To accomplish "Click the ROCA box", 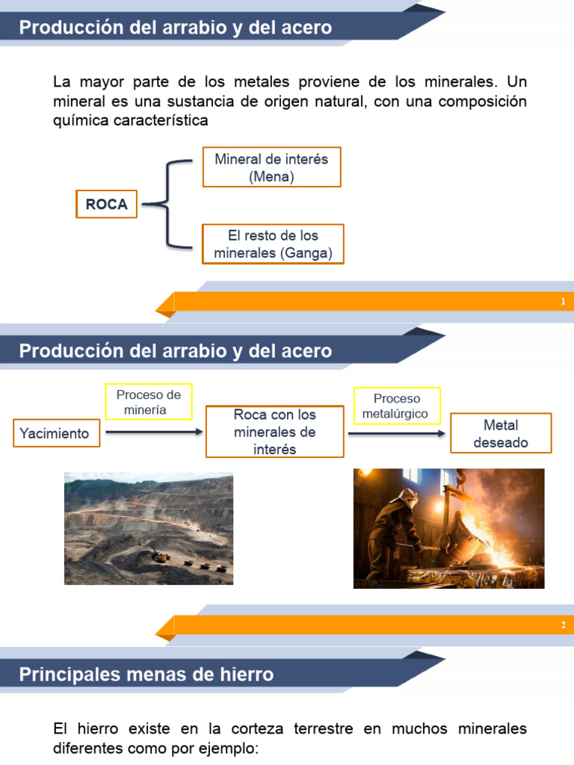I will pos(106,204).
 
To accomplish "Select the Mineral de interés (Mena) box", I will pos(271,167).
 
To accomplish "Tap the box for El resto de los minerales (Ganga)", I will pos(273,244).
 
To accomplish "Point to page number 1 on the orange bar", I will pos(562,301).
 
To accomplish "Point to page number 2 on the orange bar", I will pos(562,625).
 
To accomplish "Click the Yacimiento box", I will pos(55,433).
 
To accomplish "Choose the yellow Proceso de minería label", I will pos(149,402).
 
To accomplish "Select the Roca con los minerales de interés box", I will pos(274,432).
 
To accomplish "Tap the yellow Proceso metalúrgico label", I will pos(397,406).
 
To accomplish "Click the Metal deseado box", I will pos(500,433).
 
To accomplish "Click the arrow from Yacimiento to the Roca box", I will pos(154,432).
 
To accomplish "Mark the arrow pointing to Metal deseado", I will pos(397,433).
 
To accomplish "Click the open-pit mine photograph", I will pos(148,527).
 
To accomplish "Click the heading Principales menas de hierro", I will pos(146,675).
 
